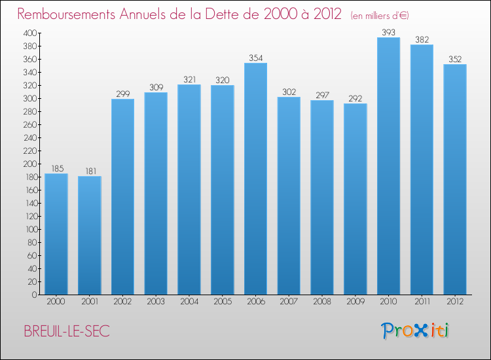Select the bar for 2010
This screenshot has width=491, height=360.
[388, 166]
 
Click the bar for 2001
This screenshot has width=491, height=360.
[90, 236]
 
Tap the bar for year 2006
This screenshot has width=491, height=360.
[255, 179]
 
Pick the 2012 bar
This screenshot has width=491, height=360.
[455, 179]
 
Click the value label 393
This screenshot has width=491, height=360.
[389, 32]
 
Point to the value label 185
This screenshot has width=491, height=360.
[58, 169]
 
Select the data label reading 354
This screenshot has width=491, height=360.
[256, 58]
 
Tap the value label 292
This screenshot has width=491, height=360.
[355, 99]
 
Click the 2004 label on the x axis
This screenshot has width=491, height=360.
[189, 302]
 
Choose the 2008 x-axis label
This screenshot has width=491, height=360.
[322, 302]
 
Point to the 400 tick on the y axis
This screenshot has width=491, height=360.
[30, 33]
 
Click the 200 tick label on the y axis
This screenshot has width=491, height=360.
[30, 164]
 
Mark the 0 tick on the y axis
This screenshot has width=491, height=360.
[35, 295]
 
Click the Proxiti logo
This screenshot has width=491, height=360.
[415, 331]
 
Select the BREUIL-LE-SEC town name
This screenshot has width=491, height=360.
[67, 331]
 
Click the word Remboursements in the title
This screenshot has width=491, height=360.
[66, 14]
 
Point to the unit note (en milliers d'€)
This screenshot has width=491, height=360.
[380, 15]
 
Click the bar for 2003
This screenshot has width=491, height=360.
[156, 194]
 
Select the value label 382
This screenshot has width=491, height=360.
[422, 40]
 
